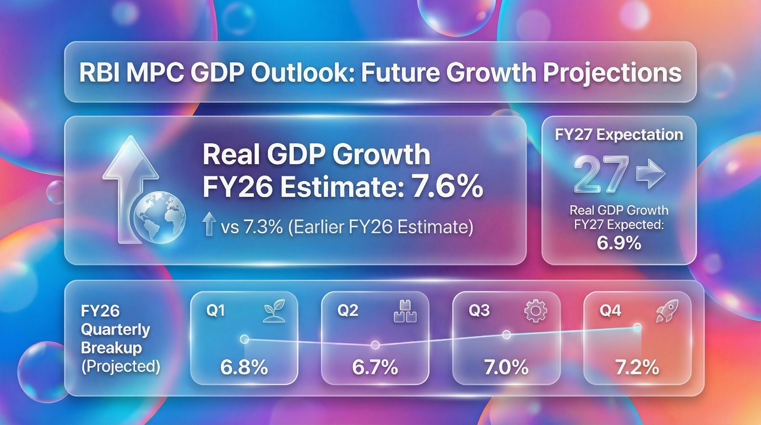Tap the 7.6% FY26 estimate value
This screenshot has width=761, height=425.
[x=447, y=186]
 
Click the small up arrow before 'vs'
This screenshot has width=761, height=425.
[x=209, y=224]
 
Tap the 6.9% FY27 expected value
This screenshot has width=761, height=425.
[x=619, y=243]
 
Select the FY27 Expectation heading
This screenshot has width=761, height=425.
[x=619, y=135]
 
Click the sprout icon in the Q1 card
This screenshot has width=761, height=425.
[x=274, y=311]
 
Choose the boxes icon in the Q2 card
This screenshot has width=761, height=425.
[x=405, y=311]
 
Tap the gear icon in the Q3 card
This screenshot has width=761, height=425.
[x=536, y=311]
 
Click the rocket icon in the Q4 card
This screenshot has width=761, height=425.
[x=667, y=311]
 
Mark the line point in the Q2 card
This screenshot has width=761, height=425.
[x=375, y=345]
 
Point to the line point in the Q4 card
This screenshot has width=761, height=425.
[x=637, y=328]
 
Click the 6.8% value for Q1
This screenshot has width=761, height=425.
[x=244, y=367]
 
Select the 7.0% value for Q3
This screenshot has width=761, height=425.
[x=506, y=367]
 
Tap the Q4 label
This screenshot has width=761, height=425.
[x=611, y=310]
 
